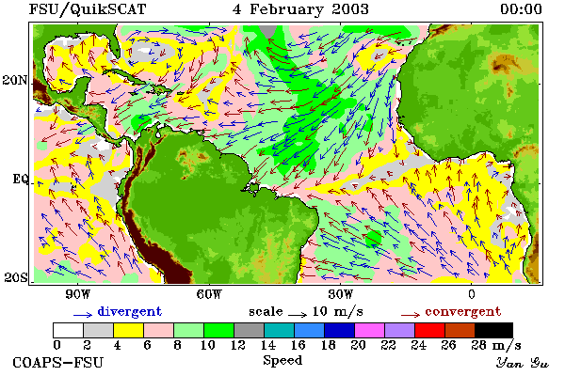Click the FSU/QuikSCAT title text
click(88, 9)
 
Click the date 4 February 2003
click(301, 9)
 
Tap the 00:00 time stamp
click(521, 9)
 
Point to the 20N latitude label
click(15, 80)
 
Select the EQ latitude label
click(21, 179)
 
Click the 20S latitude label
click(16, 277)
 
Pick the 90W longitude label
click(78, 294)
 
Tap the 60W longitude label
click(209, 294)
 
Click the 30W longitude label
click(341, 294)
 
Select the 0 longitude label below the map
click(472, 294)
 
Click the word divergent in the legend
click(130, 312)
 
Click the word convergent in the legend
click(463, 311)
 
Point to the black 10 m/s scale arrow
click(298, 315)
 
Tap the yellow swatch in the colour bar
click(129, 330)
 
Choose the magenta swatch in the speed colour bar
click(370, 330)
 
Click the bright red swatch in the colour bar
click(430, 330)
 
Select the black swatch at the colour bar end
click(493, 330)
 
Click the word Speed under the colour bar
click(282, 361)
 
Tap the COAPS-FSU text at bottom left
click(58, 362)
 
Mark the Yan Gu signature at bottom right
click(523, 363)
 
